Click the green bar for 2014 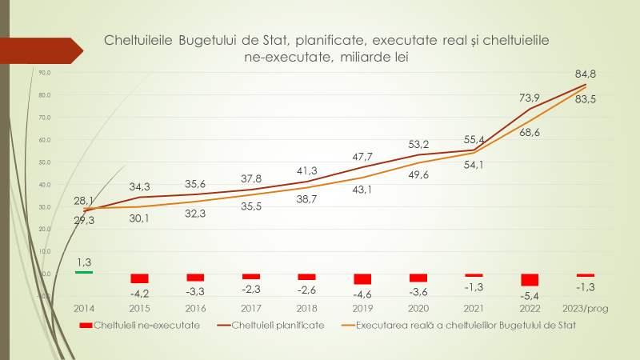pyautogui.click(x=84, y=272)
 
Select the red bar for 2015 pyautogui.click(x=140, y=278)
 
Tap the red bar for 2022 pyautogui.click(x=530, y=280)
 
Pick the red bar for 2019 pyautogui.click(x=362, y=279)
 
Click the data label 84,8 pyautogui.click(x=586, y=74)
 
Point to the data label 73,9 pyautogui.click(x=530, y=98)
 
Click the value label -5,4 pyautogui.click(x=530, y=294)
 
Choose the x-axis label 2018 pyautogui.click(x=307, y=308)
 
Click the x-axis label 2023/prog pyautogui.click(x=586, y=308)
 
